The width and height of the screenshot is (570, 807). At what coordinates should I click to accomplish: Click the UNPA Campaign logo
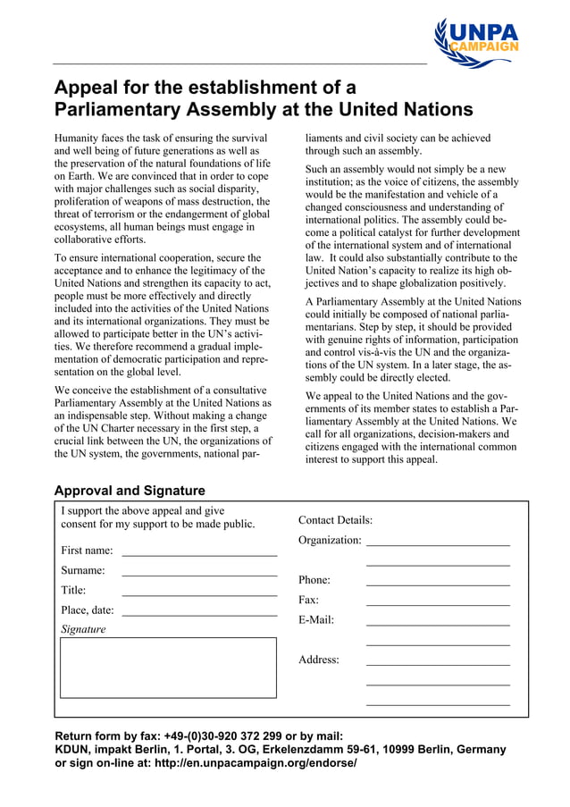pyautogui.click(x=476, y=42)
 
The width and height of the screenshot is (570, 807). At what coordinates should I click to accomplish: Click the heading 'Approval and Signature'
pyautogui.click(x=130, y=491)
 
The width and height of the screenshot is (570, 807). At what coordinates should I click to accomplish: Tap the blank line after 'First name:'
pyautogui.click(x=198, y=553)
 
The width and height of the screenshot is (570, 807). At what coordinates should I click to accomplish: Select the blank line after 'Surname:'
pyautogui.click(x=198, y=573)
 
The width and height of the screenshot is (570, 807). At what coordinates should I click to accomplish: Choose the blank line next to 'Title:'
pyautogui.click(x=198, y=593)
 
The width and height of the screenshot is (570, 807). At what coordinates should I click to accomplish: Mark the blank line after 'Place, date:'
pyautogui.click(x=198, y=613)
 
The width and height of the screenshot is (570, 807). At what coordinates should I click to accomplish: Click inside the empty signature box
pyautogui.click(x=168, y=667)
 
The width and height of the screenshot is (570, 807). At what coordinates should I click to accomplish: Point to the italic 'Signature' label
pyautogui.click(x=83, y=629)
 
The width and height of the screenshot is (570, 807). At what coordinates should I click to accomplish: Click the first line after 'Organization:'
pyautogui.click(x=438, y=542)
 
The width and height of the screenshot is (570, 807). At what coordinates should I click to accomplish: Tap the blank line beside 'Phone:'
pyautogui.click(x=438, y=583)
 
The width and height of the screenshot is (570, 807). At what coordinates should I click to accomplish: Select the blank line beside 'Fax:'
pyautogui.click(x=438, y=603)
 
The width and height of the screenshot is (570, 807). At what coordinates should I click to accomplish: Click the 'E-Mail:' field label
pyautogui.click(x=316, y=619)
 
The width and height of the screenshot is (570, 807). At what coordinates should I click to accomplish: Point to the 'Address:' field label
pyautogui.click(x=319, y=660)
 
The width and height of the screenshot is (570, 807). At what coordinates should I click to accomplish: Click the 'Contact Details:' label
pyautogui.click(x=335, y=520)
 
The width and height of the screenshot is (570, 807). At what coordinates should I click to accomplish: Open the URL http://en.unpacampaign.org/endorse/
pyautogui.click(x=255, y=763)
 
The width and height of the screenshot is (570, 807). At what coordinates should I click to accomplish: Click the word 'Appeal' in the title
pyautogui.click(x=88, y=88)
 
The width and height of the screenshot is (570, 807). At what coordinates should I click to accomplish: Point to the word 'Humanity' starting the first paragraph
pyautogui.click(x=80, y=139)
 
